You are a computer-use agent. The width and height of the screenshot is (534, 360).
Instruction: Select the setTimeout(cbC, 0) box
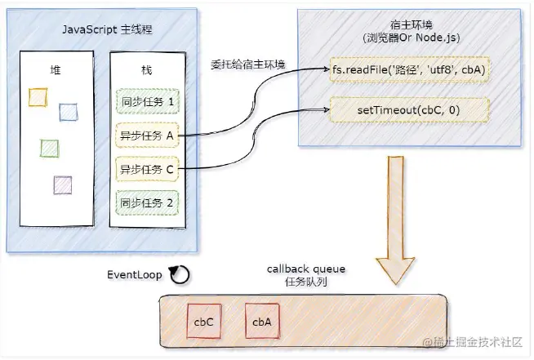pos(408,109)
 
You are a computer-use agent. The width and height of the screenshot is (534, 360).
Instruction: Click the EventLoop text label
pos(134,274)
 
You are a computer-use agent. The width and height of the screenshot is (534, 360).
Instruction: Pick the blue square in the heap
pos(68,111)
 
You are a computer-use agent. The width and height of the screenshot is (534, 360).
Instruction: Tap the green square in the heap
pos(50,149)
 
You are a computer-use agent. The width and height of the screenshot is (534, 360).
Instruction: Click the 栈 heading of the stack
pos(148,71)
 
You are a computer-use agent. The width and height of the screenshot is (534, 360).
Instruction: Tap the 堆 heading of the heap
pos(55,71)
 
